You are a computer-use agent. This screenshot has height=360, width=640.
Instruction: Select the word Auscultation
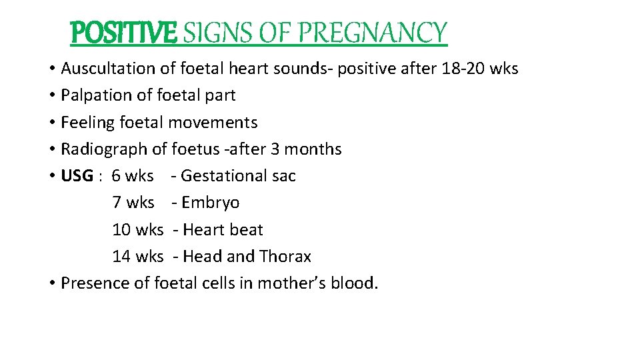click(x=109, y=69)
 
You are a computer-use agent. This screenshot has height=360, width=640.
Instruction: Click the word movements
click(x=213, y=123)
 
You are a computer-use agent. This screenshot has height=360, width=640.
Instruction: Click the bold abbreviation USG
click(x=77, y=176)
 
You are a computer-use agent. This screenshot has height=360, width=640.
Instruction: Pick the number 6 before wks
click(x=117, y=176)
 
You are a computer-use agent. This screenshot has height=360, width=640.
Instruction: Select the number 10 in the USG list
click(x=121, y=230)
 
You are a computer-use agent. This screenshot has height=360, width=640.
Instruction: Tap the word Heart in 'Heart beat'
click(x=203, y=230)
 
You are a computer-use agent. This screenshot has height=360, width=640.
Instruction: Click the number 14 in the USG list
click(x=121, y=257)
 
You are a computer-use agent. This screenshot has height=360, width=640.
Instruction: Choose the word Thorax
click(x=285, y=257)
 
